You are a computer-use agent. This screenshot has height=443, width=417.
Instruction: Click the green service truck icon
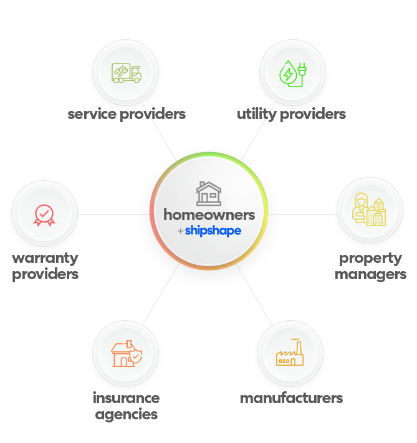126,73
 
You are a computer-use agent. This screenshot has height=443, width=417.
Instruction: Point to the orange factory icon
290,355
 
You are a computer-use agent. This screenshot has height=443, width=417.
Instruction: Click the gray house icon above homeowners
209,193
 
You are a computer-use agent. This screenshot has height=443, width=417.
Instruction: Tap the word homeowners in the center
209,214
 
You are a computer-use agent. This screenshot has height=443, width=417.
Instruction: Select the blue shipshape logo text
213,231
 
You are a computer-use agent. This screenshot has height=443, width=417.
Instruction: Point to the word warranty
45,259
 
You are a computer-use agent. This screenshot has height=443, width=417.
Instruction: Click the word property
371,259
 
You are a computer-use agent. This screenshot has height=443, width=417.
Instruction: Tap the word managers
371,274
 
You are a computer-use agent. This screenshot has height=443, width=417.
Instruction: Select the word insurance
126,398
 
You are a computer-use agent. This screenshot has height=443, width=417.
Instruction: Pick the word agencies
126,414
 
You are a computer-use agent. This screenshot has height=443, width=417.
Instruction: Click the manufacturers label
291,398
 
